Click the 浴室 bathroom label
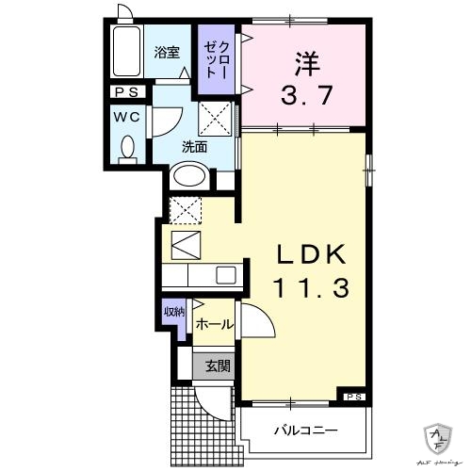tap(167, 53)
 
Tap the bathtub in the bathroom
tap(123, 56)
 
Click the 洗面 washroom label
tap(195, 147)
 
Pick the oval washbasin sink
tap(191, 175)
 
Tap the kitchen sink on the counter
tap(227, 275)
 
